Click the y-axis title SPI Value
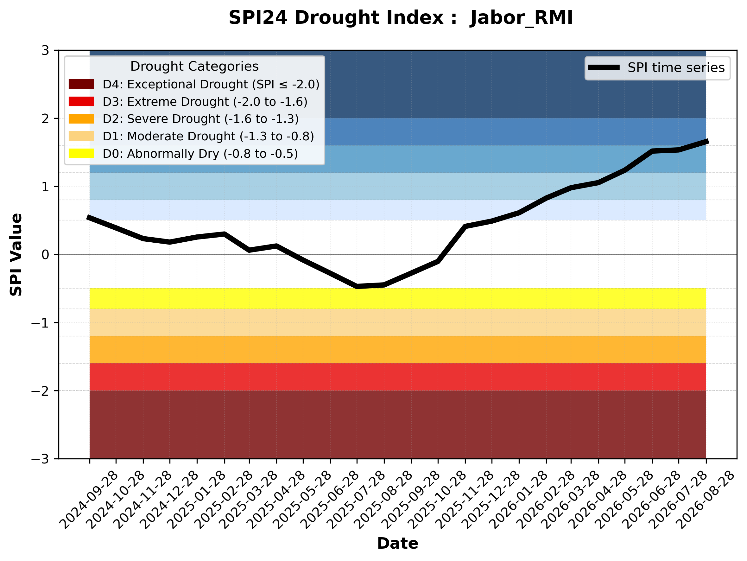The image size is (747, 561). pos(16,255)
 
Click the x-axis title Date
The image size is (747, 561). pos(397,544)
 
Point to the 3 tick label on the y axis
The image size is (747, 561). pos(45,50)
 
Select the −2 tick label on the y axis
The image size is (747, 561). pos(40,391)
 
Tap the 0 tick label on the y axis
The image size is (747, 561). pos(45,255)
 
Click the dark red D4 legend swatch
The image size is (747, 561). pos(81,84)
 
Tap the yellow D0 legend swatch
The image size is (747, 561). pos(81,153)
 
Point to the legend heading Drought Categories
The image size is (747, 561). pos(194,66)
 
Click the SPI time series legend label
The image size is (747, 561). pos(676,67)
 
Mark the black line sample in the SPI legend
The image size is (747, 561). pos(604,67)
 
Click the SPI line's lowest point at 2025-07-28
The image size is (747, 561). pos(357,286)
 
